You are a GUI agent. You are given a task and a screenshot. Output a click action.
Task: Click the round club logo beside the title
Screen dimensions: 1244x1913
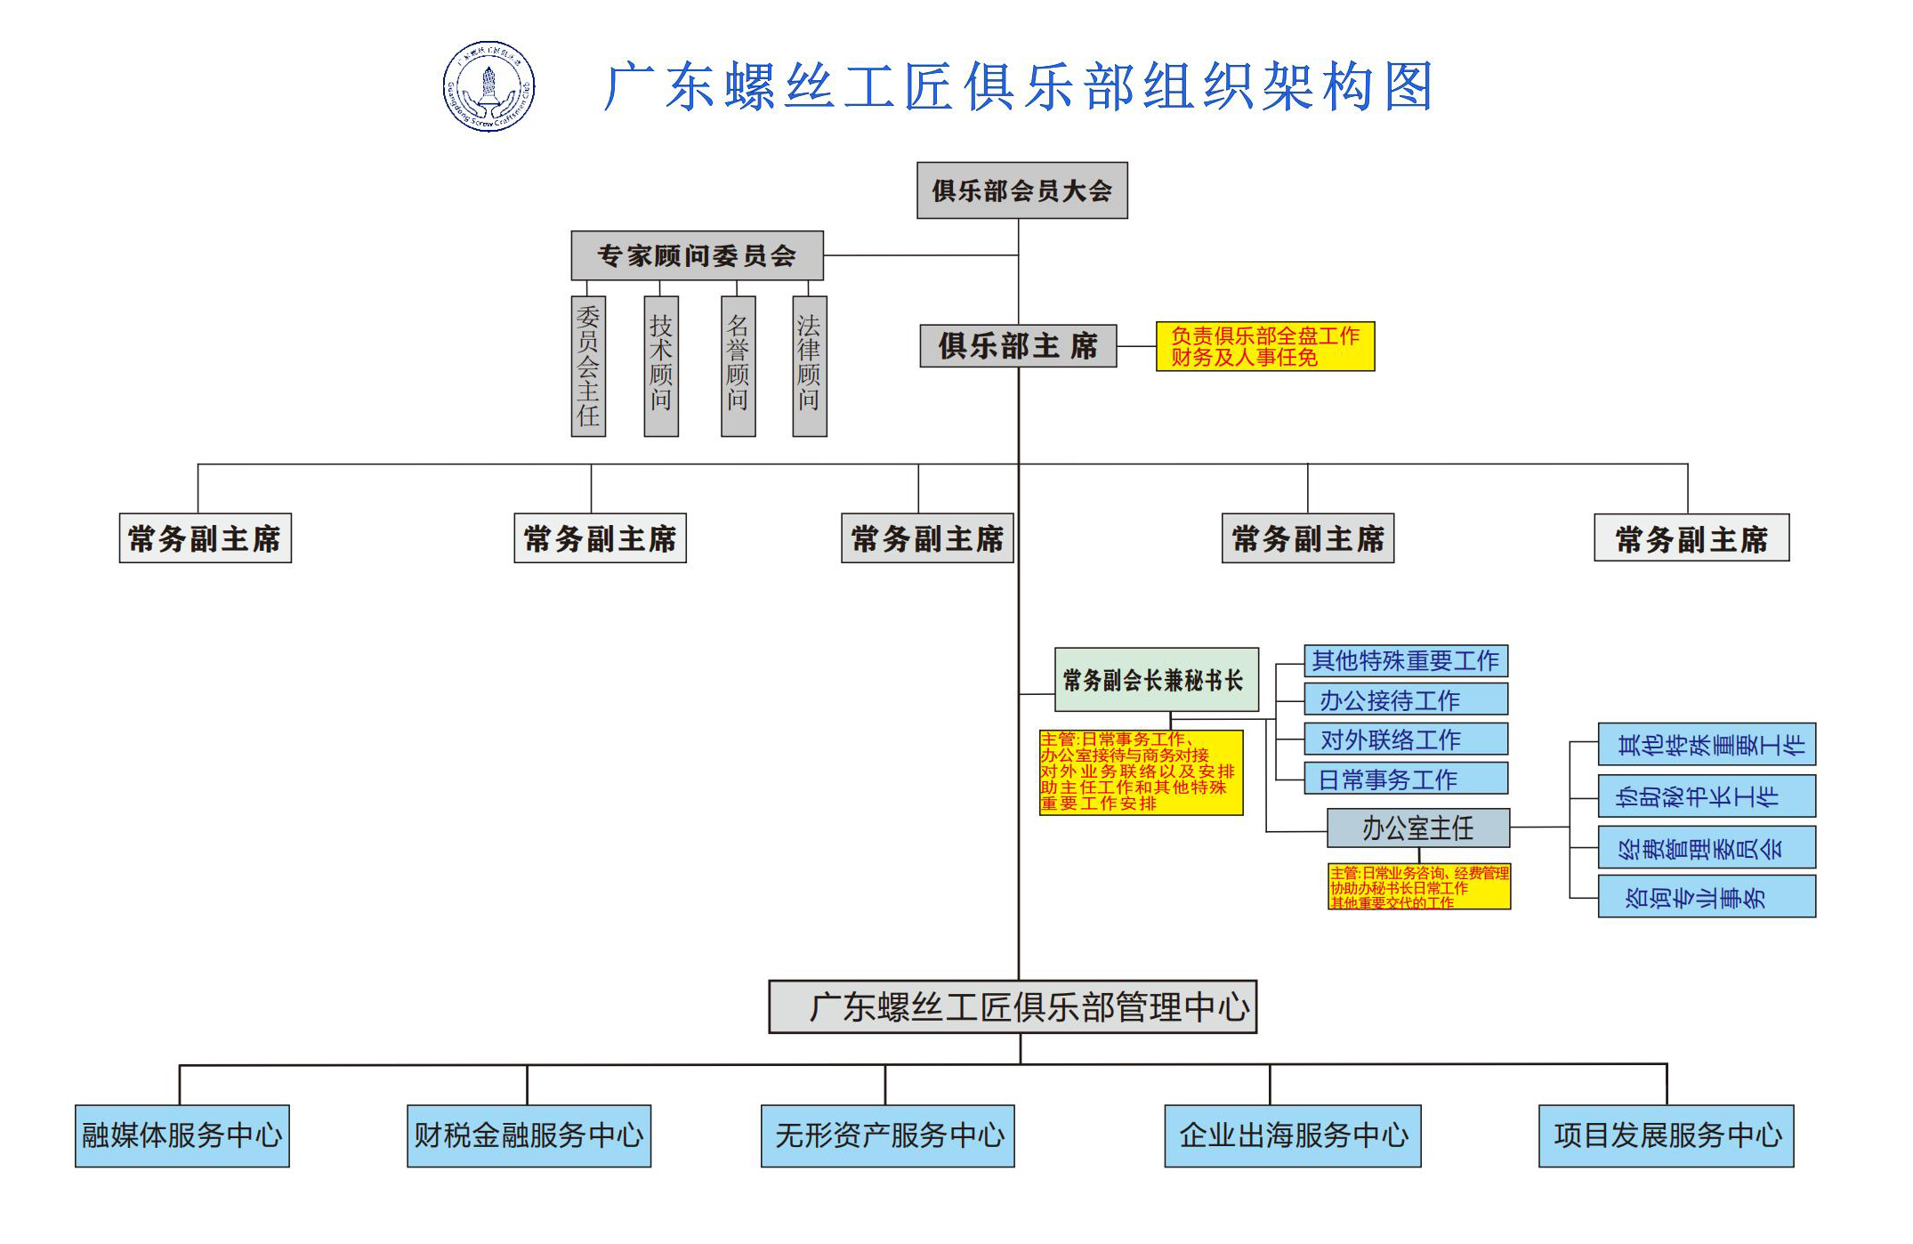tap(488, 86)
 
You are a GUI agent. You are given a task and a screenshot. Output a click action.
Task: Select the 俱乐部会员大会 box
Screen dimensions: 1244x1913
tap(1021, 190)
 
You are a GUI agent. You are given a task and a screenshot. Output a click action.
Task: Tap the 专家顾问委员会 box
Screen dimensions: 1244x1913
tap(697, 255)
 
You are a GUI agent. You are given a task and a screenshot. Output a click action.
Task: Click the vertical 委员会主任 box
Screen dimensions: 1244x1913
tap(588, 366)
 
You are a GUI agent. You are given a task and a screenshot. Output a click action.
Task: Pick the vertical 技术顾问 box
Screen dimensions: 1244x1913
tap(660, 366)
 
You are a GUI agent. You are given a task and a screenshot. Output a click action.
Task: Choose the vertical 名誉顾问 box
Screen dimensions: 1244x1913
tap(738, 366)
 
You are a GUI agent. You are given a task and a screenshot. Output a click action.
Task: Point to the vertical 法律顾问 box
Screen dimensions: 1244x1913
tap(809, 366)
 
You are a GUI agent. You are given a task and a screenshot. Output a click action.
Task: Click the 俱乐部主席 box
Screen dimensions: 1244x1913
tap(1018, 345)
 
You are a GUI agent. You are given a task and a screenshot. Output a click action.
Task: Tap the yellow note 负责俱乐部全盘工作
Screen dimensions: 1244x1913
tap(1264, 346)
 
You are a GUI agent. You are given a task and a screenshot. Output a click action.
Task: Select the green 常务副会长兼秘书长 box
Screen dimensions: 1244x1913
tap(1156, 680)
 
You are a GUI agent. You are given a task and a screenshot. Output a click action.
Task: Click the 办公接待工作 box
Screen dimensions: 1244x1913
tap(1405, 699)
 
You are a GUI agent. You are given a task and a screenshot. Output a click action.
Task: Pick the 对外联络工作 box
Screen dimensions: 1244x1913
tap(1405, 739)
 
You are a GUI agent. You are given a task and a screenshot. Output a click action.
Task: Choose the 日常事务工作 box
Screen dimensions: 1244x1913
tap(1405, 779)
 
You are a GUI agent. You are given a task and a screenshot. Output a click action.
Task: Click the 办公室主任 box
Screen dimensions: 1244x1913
tap(1417, 828)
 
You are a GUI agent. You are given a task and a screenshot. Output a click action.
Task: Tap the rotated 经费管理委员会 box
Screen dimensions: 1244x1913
tap(1706, 847)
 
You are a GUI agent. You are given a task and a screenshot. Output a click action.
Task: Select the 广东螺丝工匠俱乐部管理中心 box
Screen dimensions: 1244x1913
tap(1013, 1006)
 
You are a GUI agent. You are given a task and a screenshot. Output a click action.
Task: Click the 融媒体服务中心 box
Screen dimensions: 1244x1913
tap(182, 1135)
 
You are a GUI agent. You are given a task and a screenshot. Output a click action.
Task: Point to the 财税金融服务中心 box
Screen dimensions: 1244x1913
tap(529, 1135)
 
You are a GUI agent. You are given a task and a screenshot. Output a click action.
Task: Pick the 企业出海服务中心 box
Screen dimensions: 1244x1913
tap(1292, 1135)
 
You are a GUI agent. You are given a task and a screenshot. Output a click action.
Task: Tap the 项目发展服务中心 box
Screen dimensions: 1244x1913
tap(1666, 1135)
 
